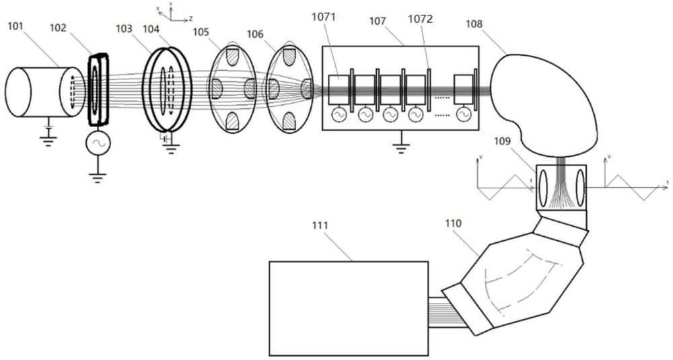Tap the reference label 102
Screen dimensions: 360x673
pyautogui.click(x=59, y=28)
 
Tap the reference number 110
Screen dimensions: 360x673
pyautogui.click(x=454, y=221)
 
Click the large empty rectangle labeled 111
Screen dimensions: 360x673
pyautogui.click(x=348, y=308)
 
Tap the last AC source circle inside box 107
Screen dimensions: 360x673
pyautogui.click(x=464, y=114)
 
